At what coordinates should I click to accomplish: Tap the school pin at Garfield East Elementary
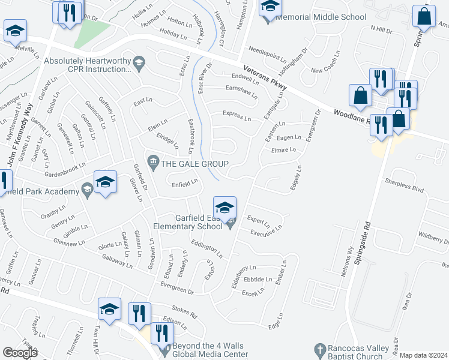click(x=225, y=208)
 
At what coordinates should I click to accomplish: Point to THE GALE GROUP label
click(x=193, y=164)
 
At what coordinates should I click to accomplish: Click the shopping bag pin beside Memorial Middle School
click(x=424, y=18)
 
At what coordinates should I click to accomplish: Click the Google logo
click(x=20, y=353)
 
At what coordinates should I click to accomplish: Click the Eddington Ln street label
click(x=206, y=249)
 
